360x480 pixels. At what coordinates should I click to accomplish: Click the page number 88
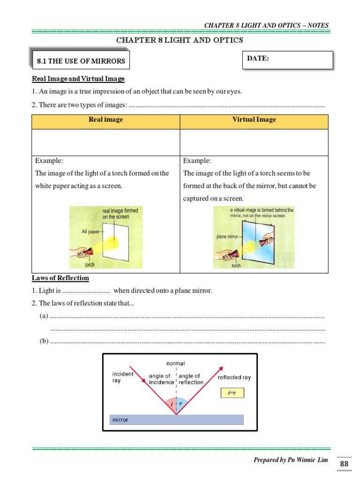(x=344, y=464)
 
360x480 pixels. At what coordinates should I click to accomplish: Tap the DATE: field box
(x=287, y=60)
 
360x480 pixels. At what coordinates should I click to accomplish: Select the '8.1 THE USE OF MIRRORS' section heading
(x=81, y=61)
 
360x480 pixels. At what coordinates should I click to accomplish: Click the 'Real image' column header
(x=105, y=120)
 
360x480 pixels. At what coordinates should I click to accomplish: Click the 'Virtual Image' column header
(x=254, y=120)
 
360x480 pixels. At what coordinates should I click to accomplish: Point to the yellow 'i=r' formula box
(x=232, y=393)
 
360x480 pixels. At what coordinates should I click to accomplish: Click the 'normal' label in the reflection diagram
(x=176, y=363)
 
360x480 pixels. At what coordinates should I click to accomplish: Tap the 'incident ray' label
(x=123, y=377)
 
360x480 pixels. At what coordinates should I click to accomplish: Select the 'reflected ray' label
(x=234, y=377)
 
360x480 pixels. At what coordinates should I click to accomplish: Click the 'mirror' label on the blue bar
(x=121, y=420)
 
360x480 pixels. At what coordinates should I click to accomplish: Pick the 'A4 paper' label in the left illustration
(x=91, y=232)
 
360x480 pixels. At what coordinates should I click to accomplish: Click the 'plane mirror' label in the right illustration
(x=228, y=237)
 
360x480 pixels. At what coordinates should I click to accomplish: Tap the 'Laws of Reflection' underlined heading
(x=60, y=278)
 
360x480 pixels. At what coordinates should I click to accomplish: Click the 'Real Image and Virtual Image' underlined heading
(x=78, y=79)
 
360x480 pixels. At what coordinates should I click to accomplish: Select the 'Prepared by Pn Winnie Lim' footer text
(x=292, y=460)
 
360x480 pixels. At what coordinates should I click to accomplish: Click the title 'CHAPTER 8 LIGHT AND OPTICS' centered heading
(x=180, y=40)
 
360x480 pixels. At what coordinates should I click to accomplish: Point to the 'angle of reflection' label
(x=190, y=379)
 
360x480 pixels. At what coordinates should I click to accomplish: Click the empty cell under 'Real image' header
(x=105, y=142)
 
